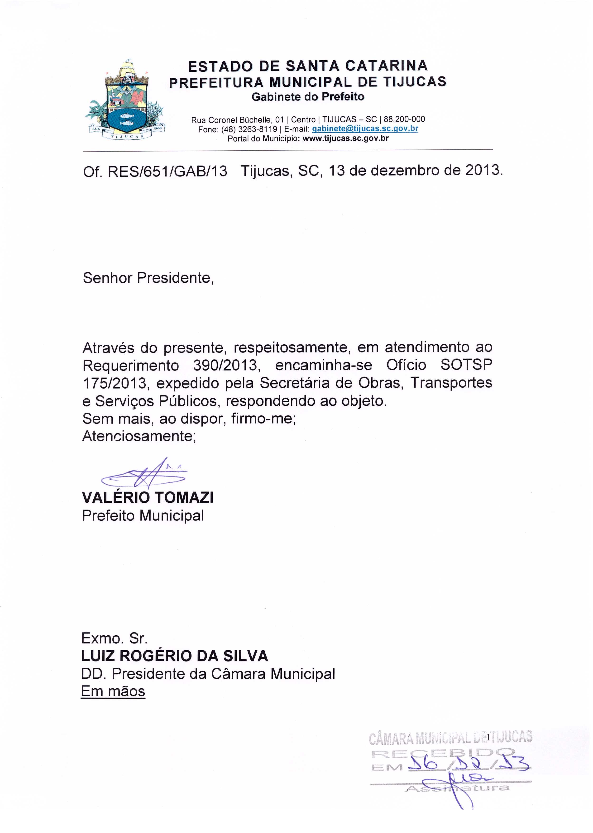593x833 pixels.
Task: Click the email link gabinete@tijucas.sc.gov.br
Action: pos(365,129)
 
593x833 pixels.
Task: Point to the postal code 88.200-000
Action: pos(404,119)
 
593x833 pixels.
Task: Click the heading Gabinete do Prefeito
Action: pos(308,97)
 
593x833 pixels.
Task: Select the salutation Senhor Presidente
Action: pos(148,278)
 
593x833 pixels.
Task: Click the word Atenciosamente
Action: pos(139,436)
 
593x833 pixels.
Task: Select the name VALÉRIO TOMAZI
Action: pos(148,497)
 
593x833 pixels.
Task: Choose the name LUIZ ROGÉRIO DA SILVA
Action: pos(175,656)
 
